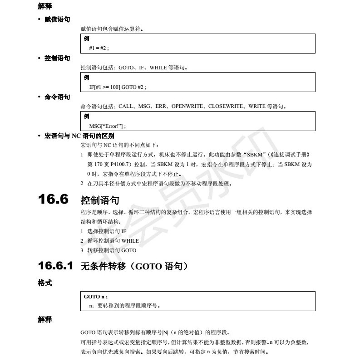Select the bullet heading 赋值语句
(x=57, y=20)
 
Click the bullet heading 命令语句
(x=57, y=97)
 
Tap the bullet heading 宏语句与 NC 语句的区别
(x=79, y=136)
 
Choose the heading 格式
(x=45, y=283)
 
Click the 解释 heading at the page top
(x=45, y=6)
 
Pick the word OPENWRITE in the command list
(x=187, y=107)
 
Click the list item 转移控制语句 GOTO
(x=111, y=250)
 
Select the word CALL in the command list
(x=126, y=107)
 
